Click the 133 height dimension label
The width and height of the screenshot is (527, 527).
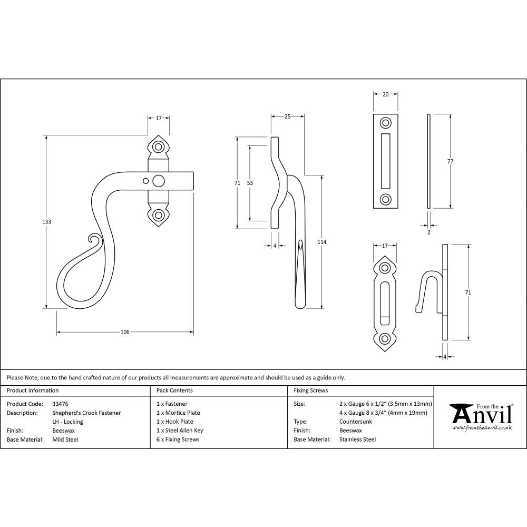tap(47, 222)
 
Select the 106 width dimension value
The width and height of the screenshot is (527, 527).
tap(125, 332)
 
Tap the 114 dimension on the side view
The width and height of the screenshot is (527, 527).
tap(322, 242)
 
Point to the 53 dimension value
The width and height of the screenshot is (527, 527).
tap(250, 183)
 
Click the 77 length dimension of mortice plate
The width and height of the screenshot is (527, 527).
tap(450, 161)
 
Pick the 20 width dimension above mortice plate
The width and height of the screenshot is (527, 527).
tap(385, 94)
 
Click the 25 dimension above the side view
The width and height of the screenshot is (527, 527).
tap(288, 116)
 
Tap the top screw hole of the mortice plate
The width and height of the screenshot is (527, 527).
tap(386, 123)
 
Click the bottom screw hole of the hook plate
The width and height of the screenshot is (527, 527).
tap(386, 338)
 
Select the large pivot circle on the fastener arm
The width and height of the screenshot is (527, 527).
tap(158, 181)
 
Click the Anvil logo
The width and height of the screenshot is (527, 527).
tap(481, 416)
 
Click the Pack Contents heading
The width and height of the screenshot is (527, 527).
tap(174, 391)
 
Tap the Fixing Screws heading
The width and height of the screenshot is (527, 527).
tap(310, 391)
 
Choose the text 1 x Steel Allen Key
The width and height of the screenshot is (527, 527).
tap(180, 431)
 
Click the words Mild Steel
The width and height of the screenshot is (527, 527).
tap(65, 440)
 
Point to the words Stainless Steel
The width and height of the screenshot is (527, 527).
tap(357, 440)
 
